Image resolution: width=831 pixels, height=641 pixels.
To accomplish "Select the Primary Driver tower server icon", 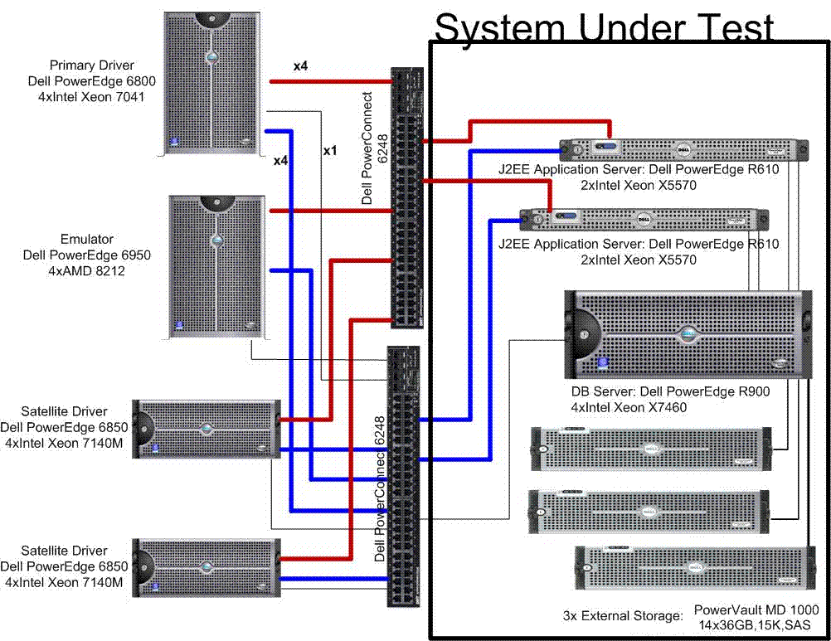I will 212,83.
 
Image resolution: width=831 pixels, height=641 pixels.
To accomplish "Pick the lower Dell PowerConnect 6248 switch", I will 404,477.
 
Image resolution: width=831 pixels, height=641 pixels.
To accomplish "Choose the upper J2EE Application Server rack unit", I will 684,150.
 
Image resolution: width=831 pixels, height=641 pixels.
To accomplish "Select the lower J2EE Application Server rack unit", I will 644,219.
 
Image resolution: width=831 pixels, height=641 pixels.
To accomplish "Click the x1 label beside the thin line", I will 330,152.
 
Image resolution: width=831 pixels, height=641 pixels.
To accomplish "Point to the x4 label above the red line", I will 300,66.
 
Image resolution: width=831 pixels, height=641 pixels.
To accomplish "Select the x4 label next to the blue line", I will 280,160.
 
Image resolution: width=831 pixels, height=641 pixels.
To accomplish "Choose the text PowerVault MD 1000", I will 756,609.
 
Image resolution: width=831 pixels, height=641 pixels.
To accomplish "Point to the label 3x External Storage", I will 622,616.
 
